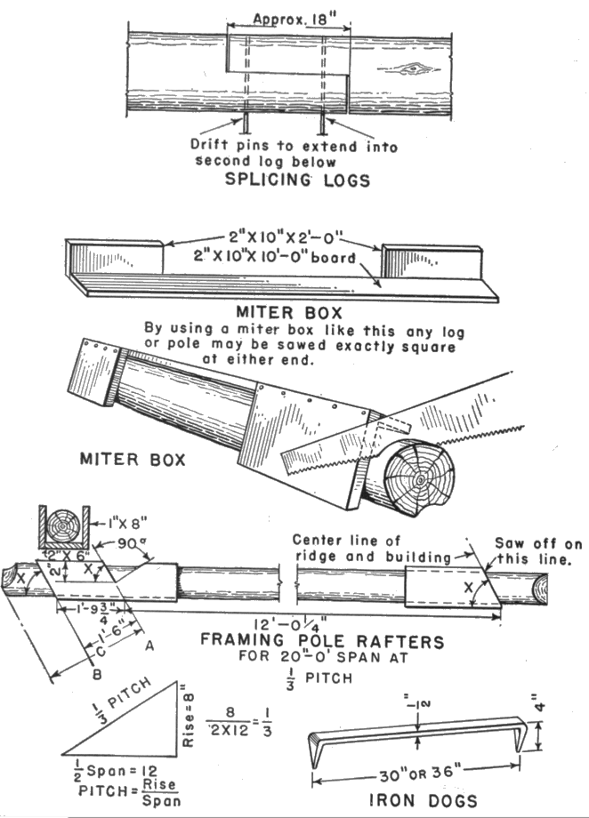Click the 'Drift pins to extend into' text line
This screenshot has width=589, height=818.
[x=294, y=146]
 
